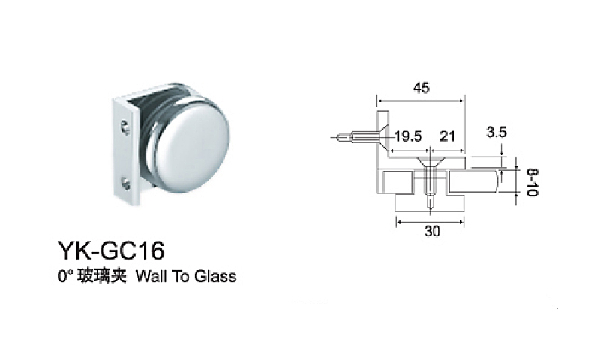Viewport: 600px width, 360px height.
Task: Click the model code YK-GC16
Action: [111, 250]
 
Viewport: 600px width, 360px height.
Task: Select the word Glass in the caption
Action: [215, 276]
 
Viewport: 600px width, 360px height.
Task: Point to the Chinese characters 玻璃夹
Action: [102, 276]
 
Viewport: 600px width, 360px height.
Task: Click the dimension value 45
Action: [421, 88]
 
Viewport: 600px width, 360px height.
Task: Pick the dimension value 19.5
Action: [408, 136]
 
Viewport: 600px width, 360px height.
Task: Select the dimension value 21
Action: [447, 136]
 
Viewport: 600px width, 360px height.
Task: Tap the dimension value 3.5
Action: [496, 132]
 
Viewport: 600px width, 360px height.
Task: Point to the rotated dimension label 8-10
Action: [532, 183]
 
